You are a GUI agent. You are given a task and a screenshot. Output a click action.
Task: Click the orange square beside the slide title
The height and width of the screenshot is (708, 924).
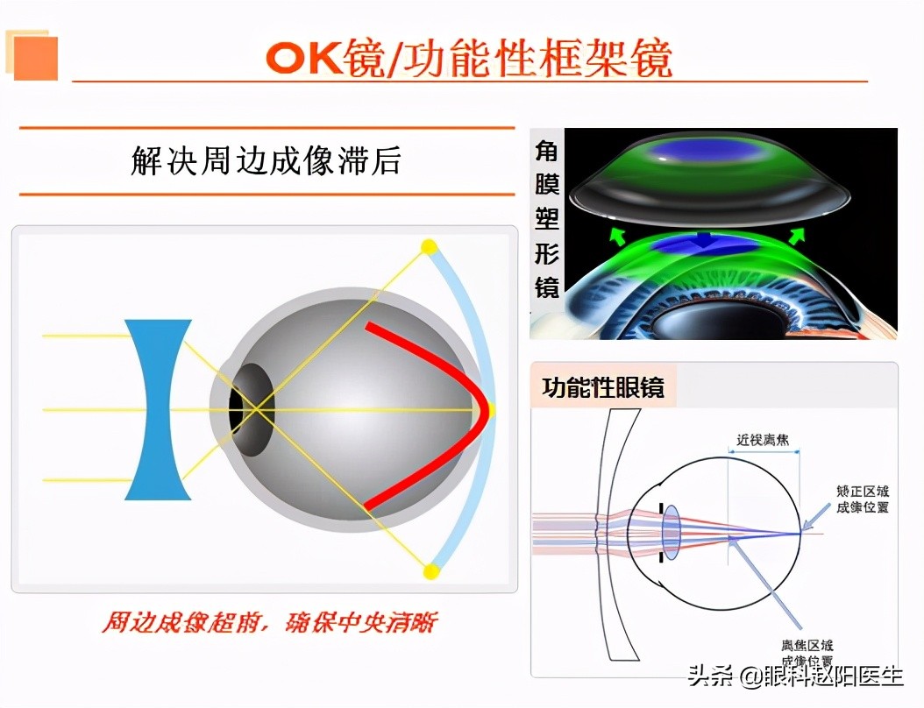tap(36, 58)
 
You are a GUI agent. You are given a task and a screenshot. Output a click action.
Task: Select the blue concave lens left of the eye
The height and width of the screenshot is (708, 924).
tap(158, 409)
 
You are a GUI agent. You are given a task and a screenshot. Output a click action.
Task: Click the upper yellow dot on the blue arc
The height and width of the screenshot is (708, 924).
tap(429, 246)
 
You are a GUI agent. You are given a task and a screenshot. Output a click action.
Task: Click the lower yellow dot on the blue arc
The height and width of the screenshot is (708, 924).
tap(430, 572)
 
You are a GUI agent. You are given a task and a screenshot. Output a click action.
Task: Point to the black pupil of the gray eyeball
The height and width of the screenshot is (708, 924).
tap(237, 409)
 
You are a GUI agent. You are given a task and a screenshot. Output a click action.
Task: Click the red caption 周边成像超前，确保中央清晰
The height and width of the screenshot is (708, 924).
tap(268, 624)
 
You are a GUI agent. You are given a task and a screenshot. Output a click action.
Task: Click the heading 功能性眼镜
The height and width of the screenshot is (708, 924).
tap(602, 388)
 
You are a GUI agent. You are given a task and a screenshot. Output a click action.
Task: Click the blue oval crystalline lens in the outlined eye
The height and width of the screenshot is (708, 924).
tap(672, 532)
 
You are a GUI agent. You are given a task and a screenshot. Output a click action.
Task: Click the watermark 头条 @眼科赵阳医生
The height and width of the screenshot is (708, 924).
tap(795, 676)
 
